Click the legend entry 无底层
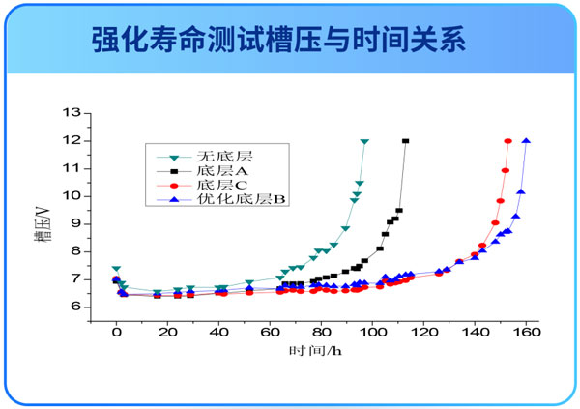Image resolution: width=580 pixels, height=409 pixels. click(217, 155)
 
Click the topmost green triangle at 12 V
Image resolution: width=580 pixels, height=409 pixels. click(364, 141)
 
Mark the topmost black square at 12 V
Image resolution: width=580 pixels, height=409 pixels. click(405, 141)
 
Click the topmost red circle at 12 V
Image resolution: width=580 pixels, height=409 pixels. click(507, 141)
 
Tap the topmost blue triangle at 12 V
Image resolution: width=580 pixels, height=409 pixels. click(526, 141)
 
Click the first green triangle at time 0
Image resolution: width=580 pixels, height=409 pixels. click(116, 269)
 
